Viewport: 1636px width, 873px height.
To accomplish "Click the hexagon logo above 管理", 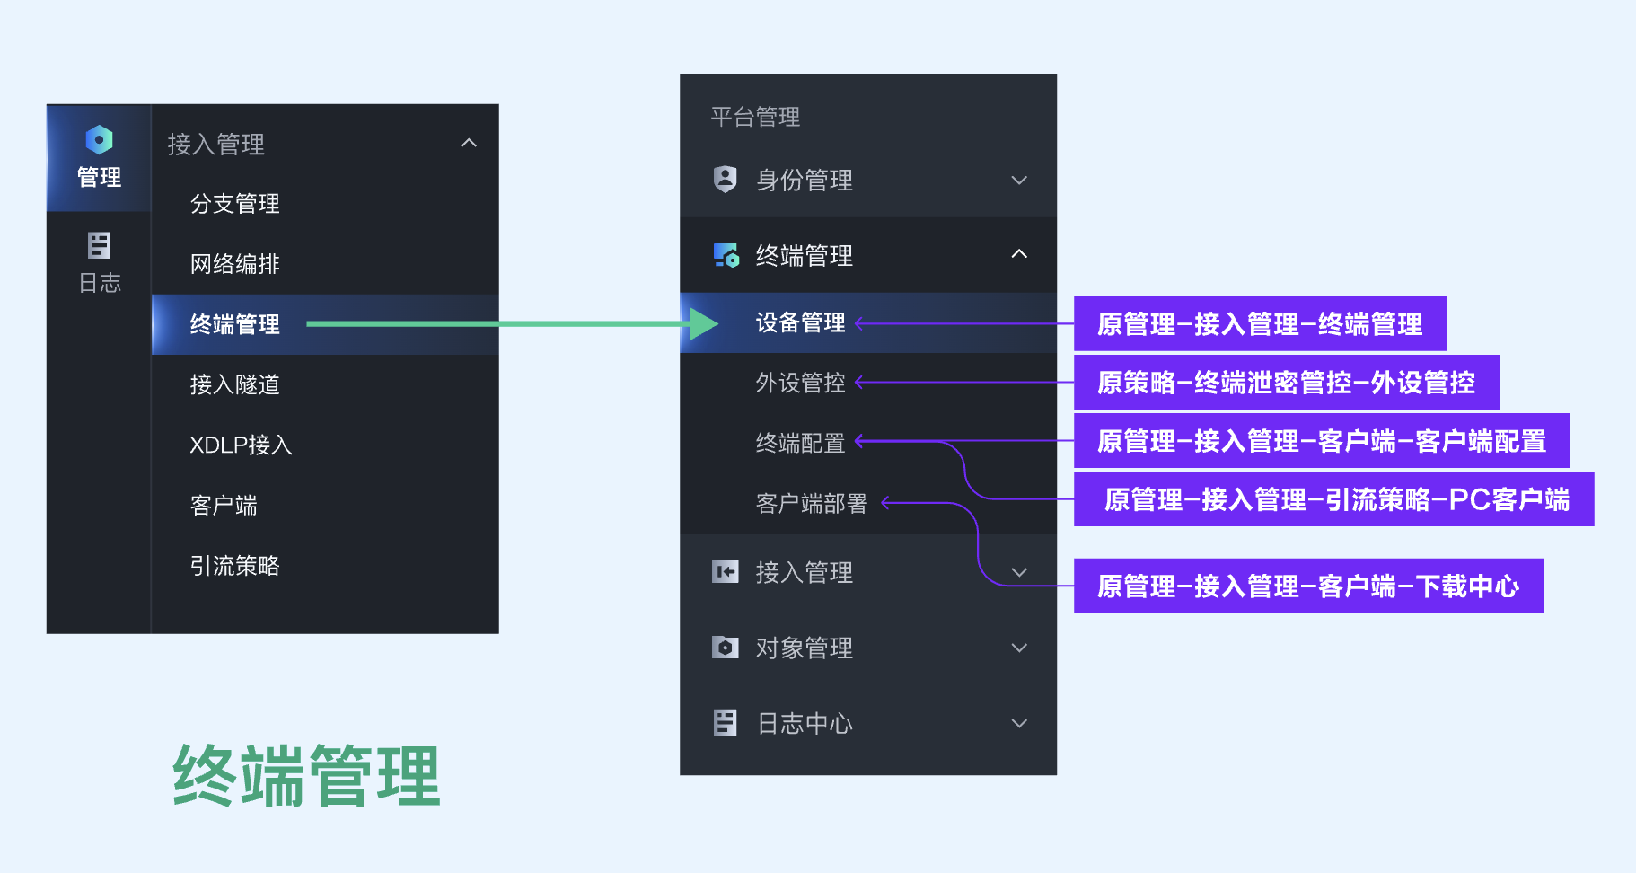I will (99, 139).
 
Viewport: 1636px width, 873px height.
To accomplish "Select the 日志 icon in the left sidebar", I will (99, 245).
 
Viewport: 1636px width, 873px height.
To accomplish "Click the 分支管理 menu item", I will (234, 204).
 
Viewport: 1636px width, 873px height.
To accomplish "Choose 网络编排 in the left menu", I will (234, 264).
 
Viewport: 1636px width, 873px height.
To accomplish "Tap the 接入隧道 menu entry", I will (234, 384).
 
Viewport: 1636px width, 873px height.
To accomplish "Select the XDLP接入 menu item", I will (241, 445).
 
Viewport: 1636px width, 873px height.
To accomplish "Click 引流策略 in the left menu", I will (234, 566).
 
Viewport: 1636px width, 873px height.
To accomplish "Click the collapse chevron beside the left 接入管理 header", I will (469, 144).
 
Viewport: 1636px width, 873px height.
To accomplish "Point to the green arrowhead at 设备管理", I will (704, 324).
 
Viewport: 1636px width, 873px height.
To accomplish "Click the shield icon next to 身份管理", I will (725, 180).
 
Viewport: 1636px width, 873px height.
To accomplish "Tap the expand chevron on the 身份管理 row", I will (1019, 181).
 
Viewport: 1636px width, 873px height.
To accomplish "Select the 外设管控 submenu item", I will (800, 384).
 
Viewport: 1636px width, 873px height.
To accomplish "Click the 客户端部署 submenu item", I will (811, 504).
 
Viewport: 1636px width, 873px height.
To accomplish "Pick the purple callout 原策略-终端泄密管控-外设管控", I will (1286, 383).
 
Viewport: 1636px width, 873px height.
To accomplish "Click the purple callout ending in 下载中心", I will (1308, 586).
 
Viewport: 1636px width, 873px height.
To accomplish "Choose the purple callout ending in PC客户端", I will (1335, 499).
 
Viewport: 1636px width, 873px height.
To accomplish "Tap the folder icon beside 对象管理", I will (725, 648).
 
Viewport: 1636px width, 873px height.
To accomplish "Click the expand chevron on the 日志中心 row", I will (1019, 723).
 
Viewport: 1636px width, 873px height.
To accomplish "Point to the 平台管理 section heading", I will (755, 117).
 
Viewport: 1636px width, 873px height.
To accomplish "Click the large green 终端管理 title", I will (306, 776).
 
